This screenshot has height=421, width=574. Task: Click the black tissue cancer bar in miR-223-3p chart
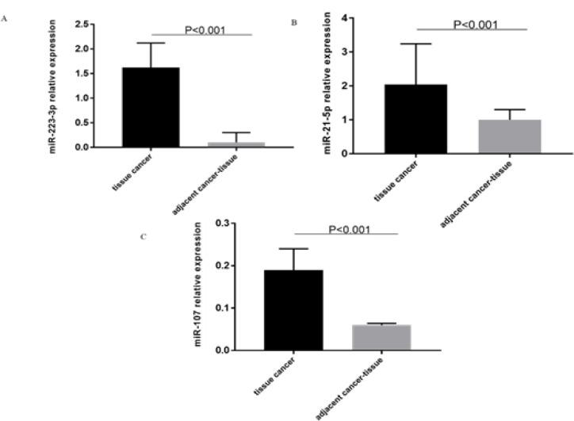(150, 107)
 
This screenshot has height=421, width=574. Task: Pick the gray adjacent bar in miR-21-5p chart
(508, 136)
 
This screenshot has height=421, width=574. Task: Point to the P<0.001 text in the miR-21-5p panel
(475, 24)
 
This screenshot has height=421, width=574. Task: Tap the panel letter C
(143, 236)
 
